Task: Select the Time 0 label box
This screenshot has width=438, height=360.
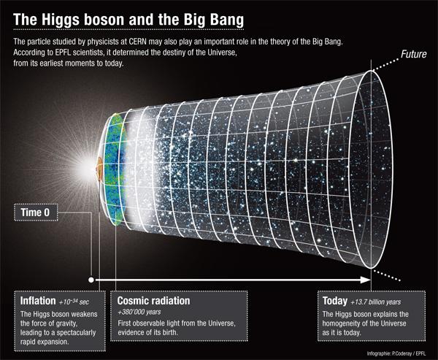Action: [39, 213]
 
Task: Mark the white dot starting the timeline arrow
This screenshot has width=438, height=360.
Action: [91, 279]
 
